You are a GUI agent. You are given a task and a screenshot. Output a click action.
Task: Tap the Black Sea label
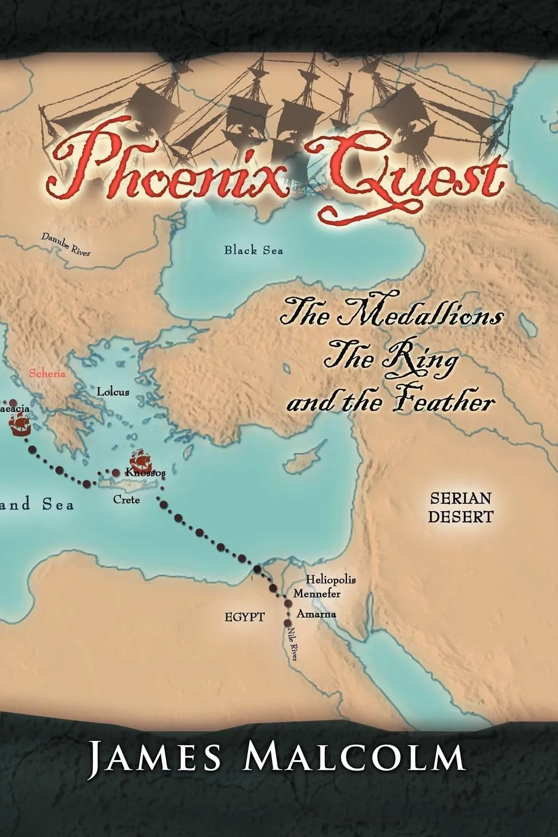tap(253, 250)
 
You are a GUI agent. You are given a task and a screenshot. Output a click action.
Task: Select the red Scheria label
tap(47, 374)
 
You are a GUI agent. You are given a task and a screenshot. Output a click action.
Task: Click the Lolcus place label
tap(113, 391)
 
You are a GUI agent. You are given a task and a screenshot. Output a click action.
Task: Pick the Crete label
tap(126, 500)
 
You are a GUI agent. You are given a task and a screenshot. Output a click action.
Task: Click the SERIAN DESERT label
tap(461, 507)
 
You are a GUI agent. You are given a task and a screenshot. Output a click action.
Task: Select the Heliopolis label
tap(331, 580)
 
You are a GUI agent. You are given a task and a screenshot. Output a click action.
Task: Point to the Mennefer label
tap(317, 594)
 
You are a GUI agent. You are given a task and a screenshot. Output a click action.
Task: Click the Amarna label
tap(316, 614)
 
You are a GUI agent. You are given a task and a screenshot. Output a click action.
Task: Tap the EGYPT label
tap(244, 616)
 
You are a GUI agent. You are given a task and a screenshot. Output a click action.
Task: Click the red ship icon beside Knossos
tap(139, 461)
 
